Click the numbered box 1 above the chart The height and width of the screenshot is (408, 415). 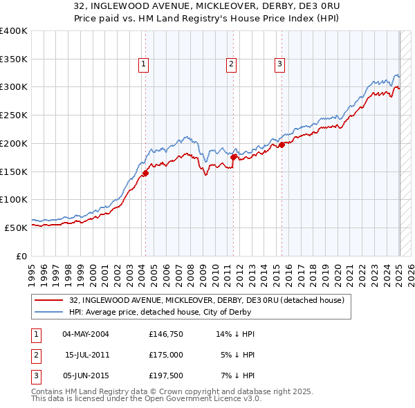pos(143,65)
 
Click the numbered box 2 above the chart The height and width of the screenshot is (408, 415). pos(231,65)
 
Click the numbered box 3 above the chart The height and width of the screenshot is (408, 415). pos(279,65)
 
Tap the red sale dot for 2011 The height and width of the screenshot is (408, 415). pos(234,157)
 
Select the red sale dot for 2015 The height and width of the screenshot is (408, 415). pos(282,145)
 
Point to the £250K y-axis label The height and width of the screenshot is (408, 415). pos(14,115)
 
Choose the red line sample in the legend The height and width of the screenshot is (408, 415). pos(49,300)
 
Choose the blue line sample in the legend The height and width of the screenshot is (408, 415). pos(49,312)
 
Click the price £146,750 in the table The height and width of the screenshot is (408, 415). pos(165,334)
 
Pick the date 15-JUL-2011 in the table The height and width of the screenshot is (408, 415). pos(86,355)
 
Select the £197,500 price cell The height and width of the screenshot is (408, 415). pos(165,375)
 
